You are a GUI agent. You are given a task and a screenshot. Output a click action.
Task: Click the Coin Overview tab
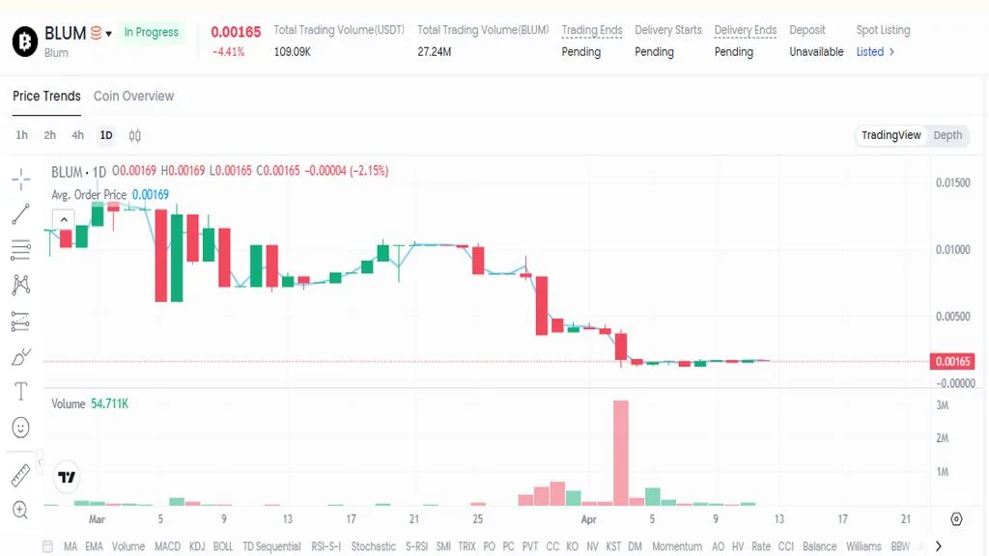[133, 97]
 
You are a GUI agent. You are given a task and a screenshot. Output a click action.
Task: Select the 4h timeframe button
[77, 135]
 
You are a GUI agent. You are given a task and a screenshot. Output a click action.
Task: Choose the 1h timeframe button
[22, 135]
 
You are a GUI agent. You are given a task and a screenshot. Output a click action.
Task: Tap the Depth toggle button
[947, 135]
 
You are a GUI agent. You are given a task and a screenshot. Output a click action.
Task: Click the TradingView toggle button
[890, 135]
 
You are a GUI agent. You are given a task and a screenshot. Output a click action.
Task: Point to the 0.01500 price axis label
[952, 183]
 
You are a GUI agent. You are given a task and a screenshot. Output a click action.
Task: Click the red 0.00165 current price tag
[953, 362]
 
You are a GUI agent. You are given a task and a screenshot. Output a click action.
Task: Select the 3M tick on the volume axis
[942, 405]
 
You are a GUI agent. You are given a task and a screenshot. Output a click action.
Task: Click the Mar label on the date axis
[97, 519]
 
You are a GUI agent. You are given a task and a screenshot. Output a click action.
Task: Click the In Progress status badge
[151, 33]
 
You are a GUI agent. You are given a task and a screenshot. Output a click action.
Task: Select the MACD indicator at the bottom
[167, 546]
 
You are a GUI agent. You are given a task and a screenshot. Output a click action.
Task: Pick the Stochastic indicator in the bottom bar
[373, 546]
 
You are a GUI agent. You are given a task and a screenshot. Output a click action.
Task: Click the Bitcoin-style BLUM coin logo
[24, 41]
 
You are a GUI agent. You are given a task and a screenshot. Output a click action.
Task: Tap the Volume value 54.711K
[109, 403]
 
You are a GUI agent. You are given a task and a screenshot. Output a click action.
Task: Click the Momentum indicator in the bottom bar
[676, 546]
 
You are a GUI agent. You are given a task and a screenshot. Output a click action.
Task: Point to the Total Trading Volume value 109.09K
[292, 52]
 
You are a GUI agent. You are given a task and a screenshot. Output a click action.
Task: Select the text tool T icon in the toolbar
[20, 391]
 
